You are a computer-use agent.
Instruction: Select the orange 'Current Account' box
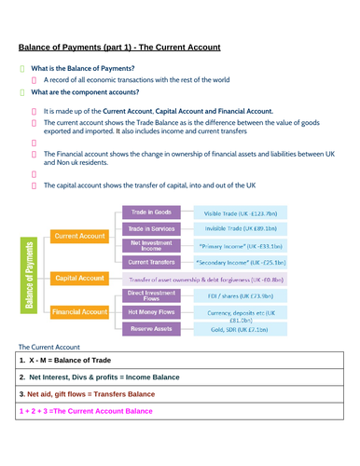point(79,237)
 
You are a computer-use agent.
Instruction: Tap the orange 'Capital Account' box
point(79,278)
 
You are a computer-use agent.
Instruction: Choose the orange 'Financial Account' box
point(79,311)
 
